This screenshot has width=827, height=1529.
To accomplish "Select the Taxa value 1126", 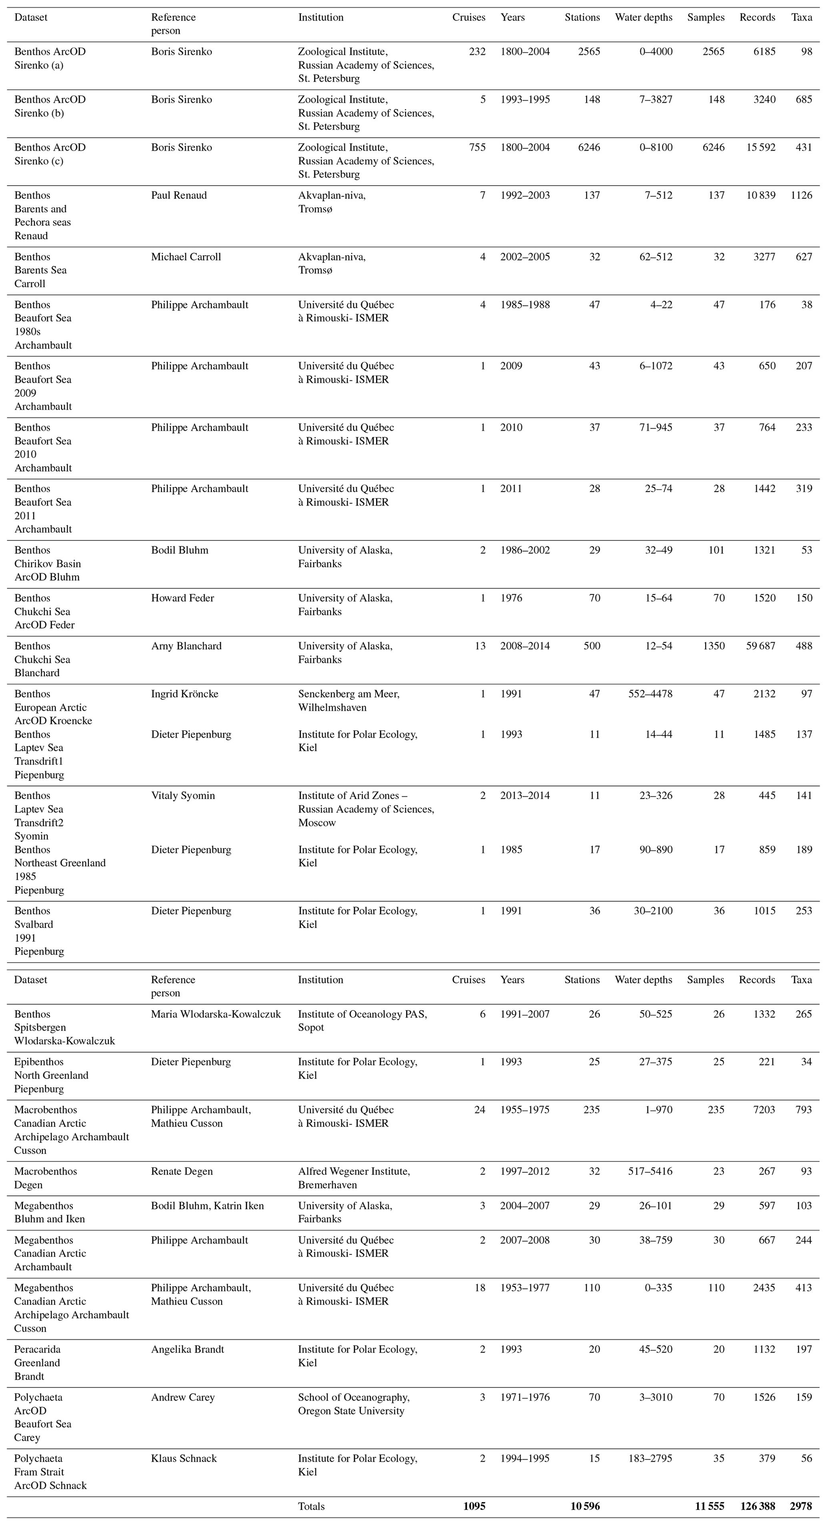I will click(801, 195).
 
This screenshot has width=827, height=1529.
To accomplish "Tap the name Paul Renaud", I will click(179, 195).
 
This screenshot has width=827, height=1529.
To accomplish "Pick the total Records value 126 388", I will click(757, 1506).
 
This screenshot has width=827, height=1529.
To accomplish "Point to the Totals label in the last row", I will click(311, 1506).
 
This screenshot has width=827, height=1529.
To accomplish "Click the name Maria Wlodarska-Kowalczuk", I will click(216, 1014).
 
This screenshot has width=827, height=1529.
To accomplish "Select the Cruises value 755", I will click(477, 147).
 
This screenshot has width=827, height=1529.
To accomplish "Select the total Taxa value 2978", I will click(801, 1506).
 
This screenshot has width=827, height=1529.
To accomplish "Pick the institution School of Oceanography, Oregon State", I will click(354, 1404).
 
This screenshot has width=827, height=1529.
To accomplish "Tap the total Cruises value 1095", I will click(475, 1506).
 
